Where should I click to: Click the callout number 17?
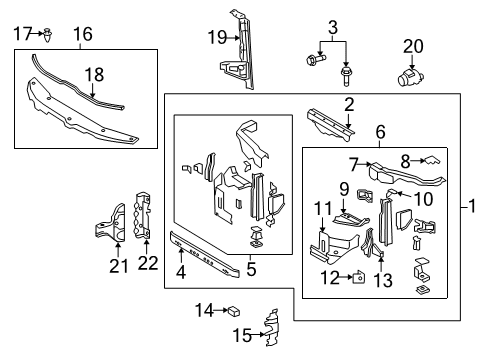pos(22,34)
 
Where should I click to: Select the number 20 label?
pos(414,45)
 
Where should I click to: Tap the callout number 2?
pos(349,104)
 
